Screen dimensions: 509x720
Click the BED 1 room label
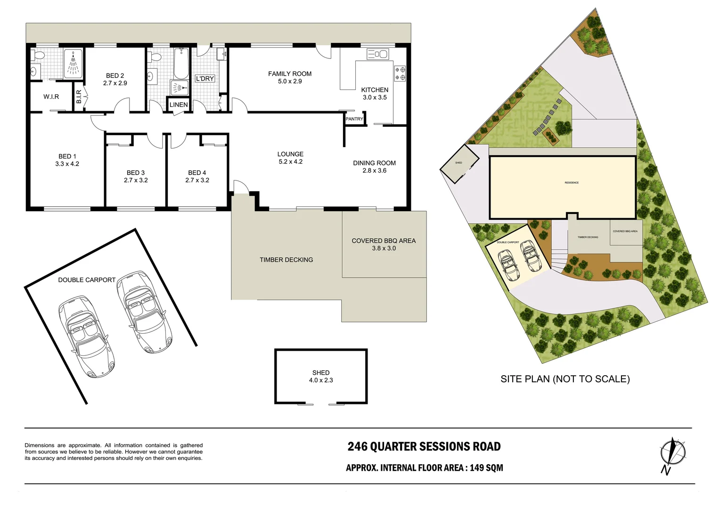click(67, 156)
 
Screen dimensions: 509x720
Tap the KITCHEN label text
click(375, 90)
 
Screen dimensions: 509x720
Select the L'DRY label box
click(205, 79)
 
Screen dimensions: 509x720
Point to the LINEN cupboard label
click(179, 105)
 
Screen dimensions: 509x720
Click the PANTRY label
click(354, 119)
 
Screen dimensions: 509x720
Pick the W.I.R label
click(51, 97)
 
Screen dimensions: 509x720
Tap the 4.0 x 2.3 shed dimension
click(321, 380)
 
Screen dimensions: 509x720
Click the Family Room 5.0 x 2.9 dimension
click(290, 82)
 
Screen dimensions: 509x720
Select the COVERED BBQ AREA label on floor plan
click(384, 240)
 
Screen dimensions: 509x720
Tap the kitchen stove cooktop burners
click(400, 74)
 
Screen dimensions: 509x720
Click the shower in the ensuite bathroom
click(73, 64)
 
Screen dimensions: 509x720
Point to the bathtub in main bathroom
click(181, 63)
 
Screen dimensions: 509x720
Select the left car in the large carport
click(86, 336)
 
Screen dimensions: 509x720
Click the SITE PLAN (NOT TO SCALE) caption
click(565, 379)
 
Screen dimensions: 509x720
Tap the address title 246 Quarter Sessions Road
click(424, 446)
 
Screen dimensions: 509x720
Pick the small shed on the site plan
click(458, 164)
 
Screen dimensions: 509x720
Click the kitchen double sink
click(377, 55)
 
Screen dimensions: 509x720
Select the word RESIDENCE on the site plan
click(572, 182)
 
